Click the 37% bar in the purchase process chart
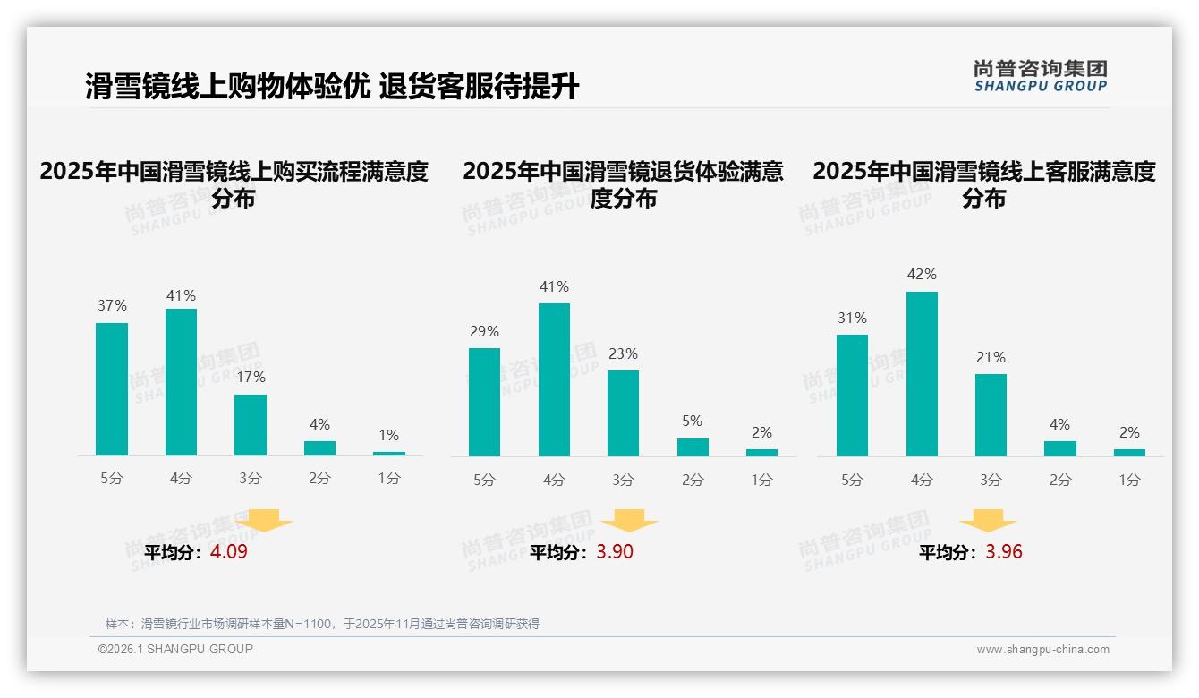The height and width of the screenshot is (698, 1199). [x=112, y=389]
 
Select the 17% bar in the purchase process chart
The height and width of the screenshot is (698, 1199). [x=251, y=425]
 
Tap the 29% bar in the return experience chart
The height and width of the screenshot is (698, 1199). [x=484, y=402]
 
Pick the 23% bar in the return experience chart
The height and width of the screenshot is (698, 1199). [x=623, y=413]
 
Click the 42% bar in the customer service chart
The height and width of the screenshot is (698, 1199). [x=922, y=374]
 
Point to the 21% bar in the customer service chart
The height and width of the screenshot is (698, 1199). [x=991, y=415]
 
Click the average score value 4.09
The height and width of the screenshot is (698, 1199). [x=229, y=552]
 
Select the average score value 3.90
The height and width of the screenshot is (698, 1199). [x=615, y=552]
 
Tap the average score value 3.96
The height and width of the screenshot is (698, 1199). [x=1004, y=552]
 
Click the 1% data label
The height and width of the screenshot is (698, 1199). [x=388, y=436]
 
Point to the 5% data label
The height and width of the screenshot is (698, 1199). [x=692, y=421]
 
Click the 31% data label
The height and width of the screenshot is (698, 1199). [x=852, y=319]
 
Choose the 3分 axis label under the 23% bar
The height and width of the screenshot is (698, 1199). [x=623, y=481]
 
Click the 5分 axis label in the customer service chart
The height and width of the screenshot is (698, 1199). [x=852, y=481]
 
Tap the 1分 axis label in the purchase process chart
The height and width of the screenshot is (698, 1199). [x=388, y=479]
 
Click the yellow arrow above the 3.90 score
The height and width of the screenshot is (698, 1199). [x=629, y=521]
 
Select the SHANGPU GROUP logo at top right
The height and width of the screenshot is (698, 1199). [x=1040, y=76]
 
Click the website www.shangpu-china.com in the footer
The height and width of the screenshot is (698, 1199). [x=1042, y=650]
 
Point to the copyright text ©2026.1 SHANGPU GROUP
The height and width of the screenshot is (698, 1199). [x=175, y=649]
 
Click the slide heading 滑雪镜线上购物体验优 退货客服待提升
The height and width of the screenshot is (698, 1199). [x=332, y=87]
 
